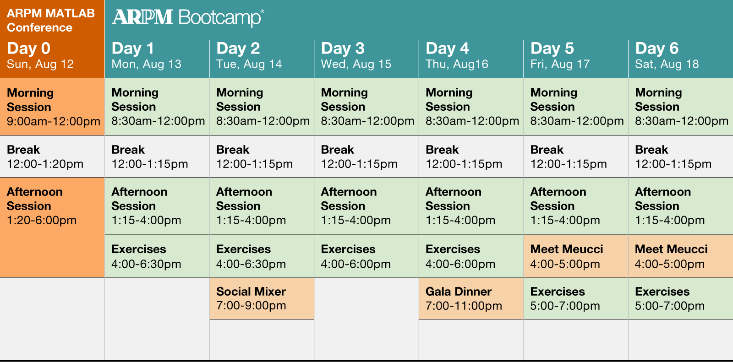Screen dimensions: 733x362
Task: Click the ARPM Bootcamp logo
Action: pos(188,17)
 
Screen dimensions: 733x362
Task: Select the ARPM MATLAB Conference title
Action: pos(51,20)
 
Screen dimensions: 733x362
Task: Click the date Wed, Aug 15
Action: pos(356,64)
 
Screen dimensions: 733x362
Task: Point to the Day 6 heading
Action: pos(657,49)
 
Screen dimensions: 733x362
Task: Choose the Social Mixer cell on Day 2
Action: pos(262,298)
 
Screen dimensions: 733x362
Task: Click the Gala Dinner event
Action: pos(471,298)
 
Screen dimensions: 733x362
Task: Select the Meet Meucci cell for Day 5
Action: pos(576,256)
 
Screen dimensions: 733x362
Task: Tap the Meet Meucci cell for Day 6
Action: pos(681,256)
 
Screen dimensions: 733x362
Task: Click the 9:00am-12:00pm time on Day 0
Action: pos(54,121)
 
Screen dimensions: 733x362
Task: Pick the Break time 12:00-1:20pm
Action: pos(45,164)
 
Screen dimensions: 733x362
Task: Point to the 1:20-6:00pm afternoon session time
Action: pos(42,220)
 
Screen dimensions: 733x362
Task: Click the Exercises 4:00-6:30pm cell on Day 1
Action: pos(157,256)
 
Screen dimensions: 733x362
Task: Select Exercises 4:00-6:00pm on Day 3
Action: pos(366,256)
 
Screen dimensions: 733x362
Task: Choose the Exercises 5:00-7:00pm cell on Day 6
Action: pos(681,298)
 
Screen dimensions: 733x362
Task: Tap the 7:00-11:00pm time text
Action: pos(464,306)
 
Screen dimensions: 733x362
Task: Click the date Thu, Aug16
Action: pos(457,64)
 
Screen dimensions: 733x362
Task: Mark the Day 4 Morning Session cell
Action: pos(471,107)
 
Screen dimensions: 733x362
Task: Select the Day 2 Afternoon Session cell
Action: pos(262,206)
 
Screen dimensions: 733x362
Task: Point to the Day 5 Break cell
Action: pos(576,157)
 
